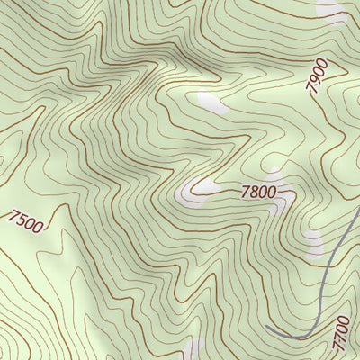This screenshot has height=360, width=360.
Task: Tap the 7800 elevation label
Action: tap(257, 193)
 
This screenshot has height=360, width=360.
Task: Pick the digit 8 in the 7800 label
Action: tap(253, 192)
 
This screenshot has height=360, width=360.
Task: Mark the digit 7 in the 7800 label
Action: tap(245, 191)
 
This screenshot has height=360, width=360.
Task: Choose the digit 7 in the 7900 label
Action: tap(310, 88)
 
